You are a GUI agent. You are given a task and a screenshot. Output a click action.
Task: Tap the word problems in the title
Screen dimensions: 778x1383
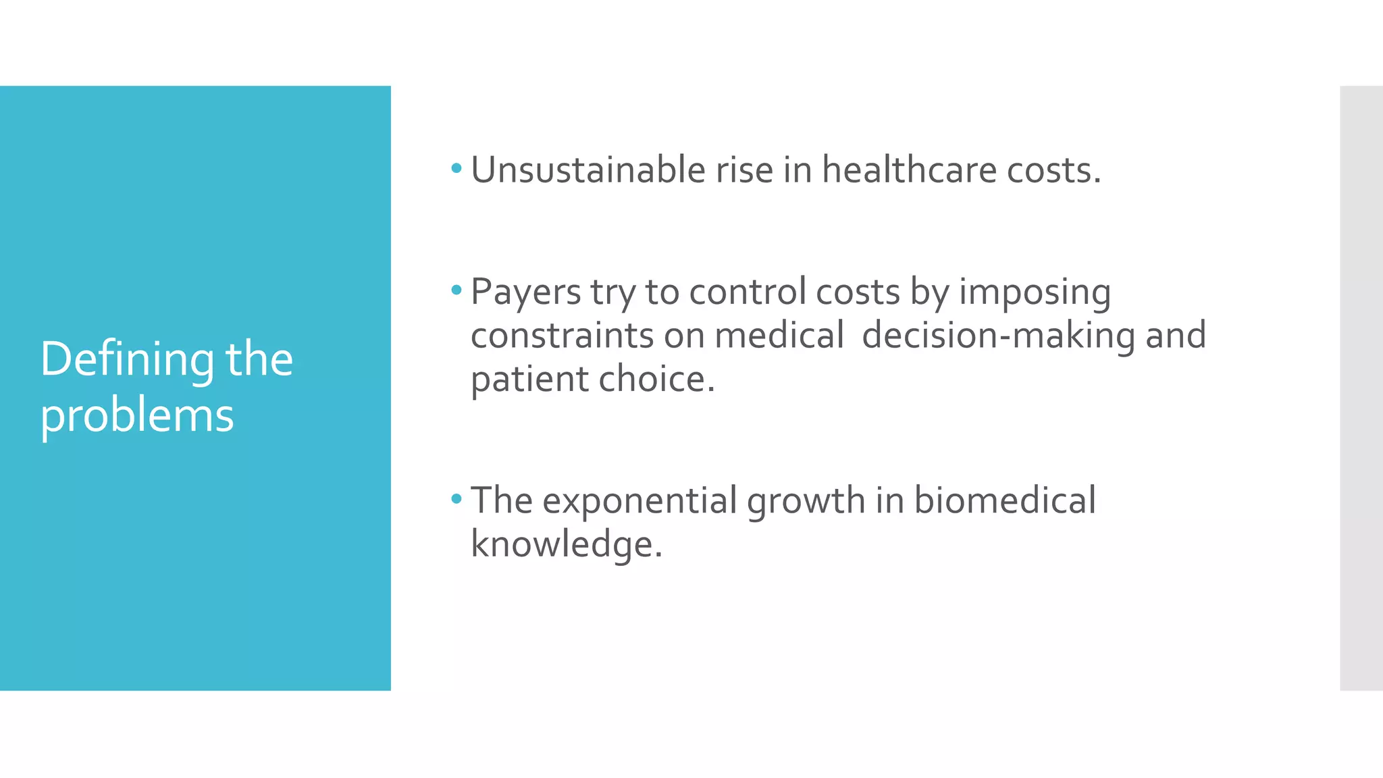pyautogui.click(x=137, y=415)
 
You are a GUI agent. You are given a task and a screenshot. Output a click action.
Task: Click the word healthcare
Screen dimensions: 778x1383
pyautogui.click(x=909, y=170)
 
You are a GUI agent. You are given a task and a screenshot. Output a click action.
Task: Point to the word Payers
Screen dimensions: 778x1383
pyautogui.click(x=525, y=292)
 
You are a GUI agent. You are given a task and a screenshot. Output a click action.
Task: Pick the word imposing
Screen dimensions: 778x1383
pyautogui.click(x=1035, y=292)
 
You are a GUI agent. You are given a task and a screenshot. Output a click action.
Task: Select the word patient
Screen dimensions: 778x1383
pyautogui.click(x=529, y=379)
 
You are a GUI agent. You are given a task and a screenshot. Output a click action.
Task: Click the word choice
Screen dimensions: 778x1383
pyautogui.click(x=656, y=379)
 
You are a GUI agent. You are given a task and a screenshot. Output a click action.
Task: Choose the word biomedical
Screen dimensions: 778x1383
pyautogui.click(x=1005, y=500)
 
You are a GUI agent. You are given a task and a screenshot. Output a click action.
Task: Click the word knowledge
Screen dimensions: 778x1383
pyautogui.click(x=566, y=544)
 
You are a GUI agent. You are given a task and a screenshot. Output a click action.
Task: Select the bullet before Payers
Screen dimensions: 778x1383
pyautogui.click(x=456, y=290)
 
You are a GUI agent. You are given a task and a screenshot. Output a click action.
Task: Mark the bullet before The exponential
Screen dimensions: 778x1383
pyautogui.click(x=456, y=499)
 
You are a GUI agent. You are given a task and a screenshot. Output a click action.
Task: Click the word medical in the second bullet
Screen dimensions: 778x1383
pyautogui.click(x=779, y=336)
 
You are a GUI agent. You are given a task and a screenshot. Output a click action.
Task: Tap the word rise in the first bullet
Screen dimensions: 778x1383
pyautogui.click(x=744, y=170)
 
